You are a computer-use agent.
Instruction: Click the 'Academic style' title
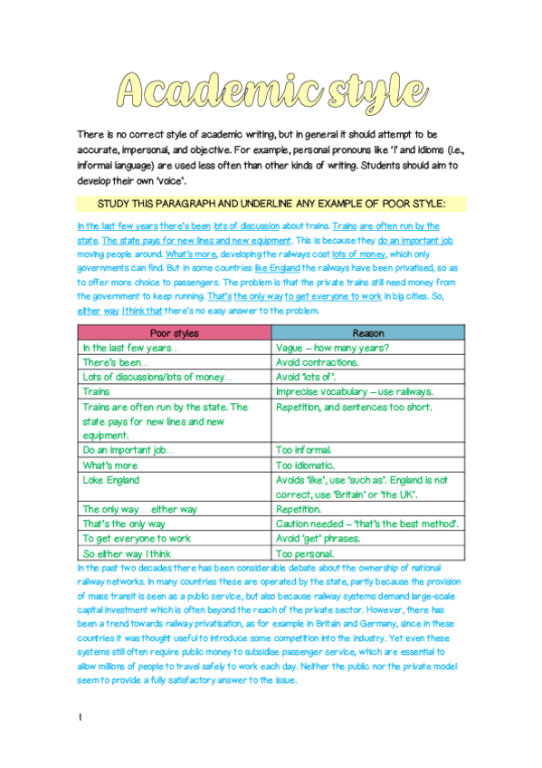tap(271, 90)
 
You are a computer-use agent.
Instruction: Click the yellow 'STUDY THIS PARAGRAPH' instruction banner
tap(271, 202)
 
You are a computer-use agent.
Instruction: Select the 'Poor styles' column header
tap(174, 332)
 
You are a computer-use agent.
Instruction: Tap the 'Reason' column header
tap(367, 332)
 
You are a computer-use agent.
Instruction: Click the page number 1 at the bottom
tap(81, 718)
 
